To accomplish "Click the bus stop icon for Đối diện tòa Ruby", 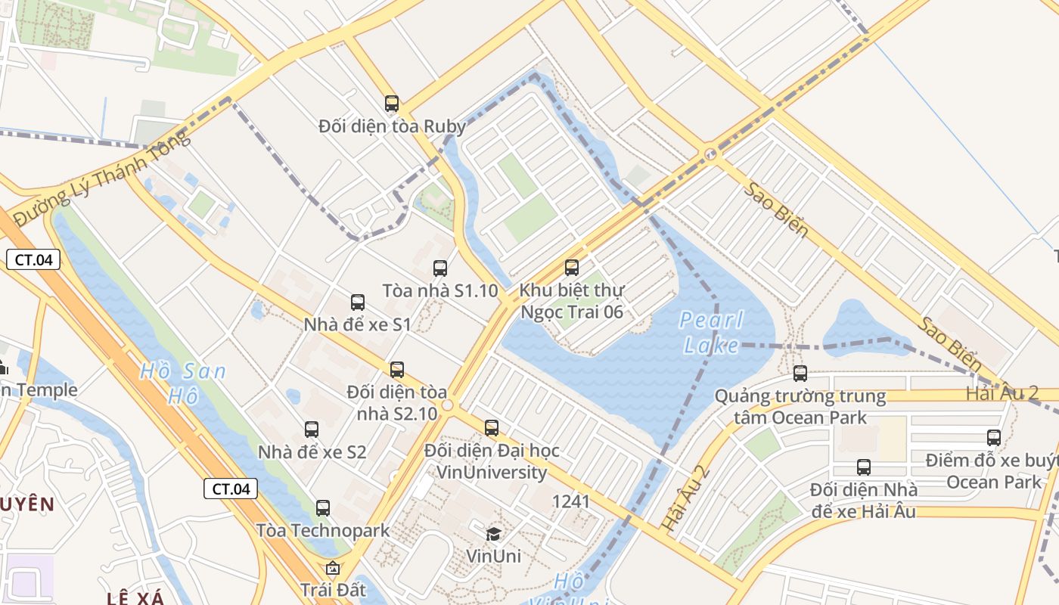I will [391, 104].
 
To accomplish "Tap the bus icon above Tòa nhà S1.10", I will [439, 268].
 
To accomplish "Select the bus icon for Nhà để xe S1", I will [358, 302].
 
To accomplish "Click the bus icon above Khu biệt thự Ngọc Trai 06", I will [572, 267].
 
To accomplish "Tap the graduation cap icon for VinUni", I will [493, 534].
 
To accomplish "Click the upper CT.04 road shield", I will [33, 259].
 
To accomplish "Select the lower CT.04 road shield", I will [231, 489].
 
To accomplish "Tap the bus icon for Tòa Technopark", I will [323, 507].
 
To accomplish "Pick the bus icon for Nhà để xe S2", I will [311, 430].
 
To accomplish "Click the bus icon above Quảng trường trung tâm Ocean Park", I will [800, 373].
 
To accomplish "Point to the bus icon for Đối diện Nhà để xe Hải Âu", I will [863, 467].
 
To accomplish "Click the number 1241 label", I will [571, 501].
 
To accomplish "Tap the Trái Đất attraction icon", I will [332, 567].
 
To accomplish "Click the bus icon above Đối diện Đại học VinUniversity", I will [492, 427].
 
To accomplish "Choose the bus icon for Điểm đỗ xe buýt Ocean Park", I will [994, 437].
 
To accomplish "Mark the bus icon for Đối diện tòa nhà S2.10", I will [397, 370].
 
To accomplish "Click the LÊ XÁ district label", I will [135, 598].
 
